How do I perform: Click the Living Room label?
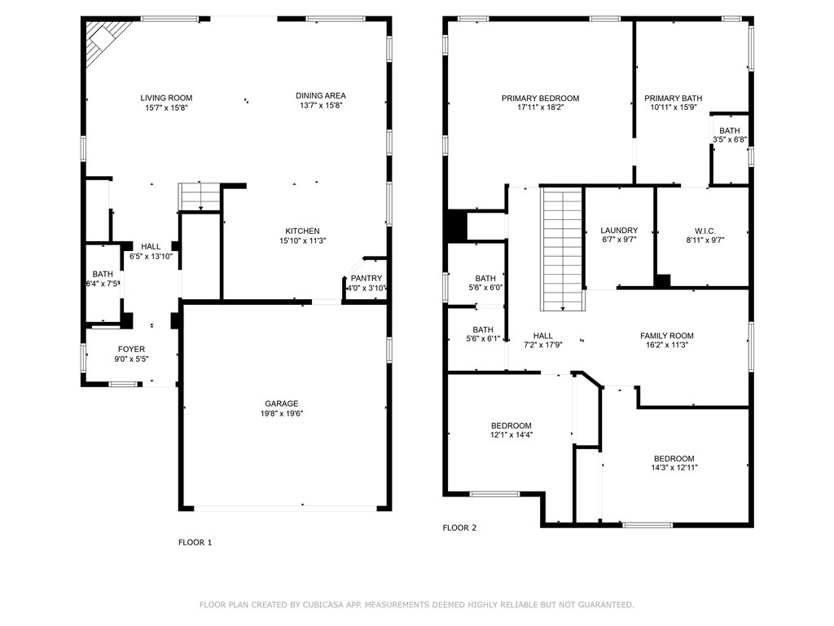coord(166,98)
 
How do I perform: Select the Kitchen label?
coord(301,231)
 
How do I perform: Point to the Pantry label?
coord(366,279)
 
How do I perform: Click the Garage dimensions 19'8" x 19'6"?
coord(281,413)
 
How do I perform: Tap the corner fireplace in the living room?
coord(108,38)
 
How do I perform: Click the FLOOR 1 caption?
coord(195,542)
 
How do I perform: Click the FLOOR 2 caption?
coord(459,527)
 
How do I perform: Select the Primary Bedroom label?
coord(540,98)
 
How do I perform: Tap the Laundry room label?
coord(619,231)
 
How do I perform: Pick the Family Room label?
coord(666,336)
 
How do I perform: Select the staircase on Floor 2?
coord(563,249)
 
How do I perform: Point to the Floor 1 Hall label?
coord(151,246)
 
